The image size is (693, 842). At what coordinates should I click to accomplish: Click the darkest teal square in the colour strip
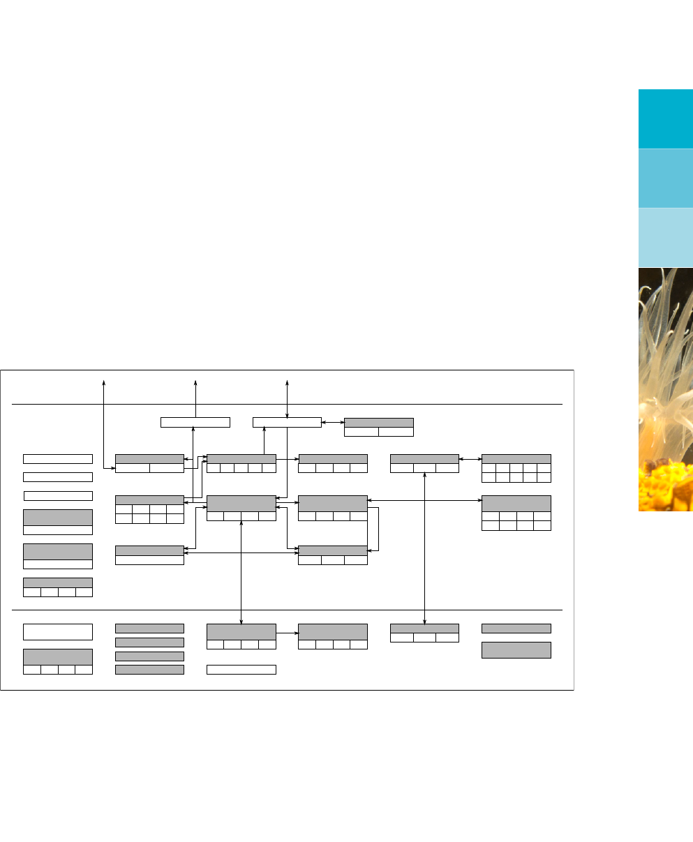pos(665,119)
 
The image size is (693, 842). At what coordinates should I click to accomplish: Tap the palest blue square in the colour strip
pos(665,237)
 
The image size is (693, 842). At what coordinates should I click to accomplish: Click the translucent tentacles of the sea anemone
pos(663,349)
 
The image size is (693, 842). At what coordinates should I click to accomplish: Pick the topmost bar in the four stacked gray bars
pos(149,629)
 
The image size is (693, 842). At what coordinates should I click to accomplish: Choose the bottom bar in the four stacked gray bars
pos(149,670)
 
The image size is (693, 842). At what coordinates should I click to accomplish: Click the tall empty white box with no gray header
pos(58,631)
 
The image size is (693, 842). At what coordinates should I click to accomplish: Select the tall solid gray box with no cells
pos(516,649)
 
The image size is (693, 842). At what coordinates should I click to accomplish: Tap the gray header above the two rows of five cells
pos(516,458)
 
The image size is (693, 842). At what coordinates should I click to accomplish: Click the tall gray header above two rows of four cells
pos(516,504)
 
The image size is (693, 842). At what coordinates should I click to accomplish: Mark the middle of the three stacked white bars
pos(58,477)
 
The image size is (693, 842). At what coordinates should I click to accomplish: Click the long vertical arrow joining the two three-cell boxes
pos(424,544)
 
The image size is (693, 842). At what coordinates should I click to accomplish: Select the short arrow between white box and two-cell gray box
pos(333,422)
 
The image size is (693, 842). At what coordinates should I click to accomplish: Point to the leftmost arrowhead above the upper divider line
pos(104,382)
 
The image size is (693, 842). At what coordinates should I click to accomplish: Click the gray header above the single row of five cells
pos(241,458)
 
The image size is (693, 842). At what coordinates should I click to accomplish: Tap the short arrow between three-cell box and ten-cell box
pos(470,458)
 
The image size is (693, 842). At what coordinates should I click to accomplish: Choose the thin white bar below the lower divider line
pos(241,670)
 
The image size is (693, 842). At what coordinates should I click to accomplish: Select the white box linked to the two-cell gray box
pos(287,422)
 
